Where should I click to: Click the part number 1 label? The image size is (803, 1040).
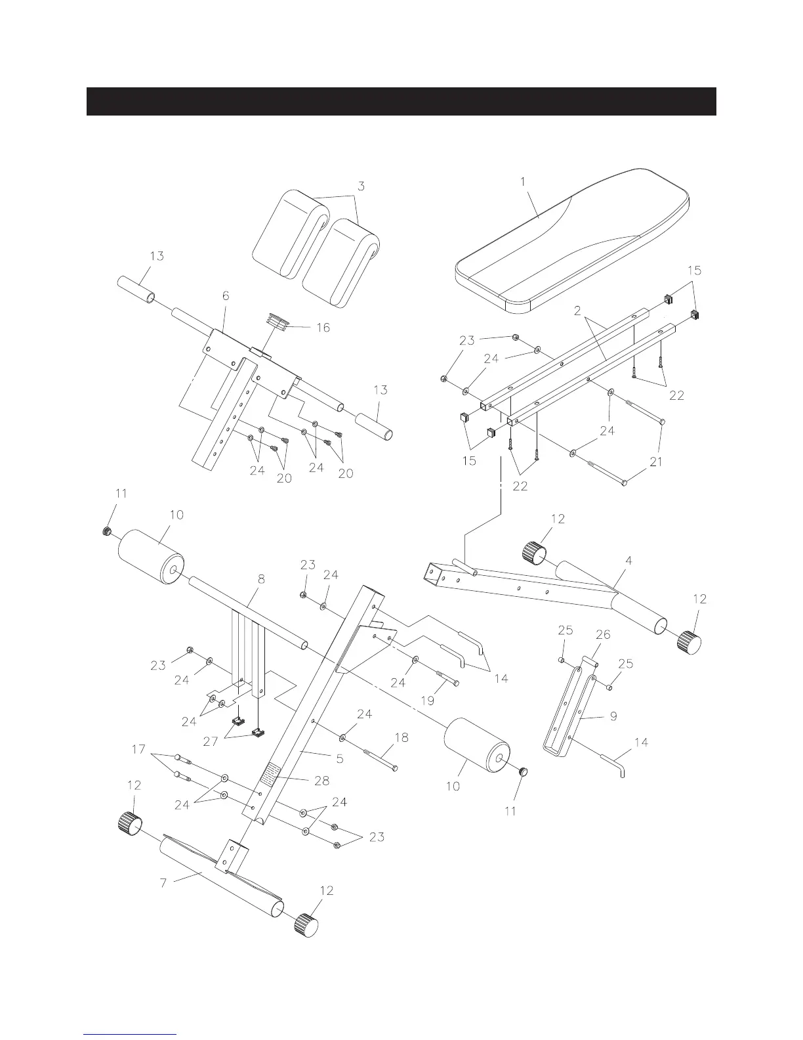tap(523, 182)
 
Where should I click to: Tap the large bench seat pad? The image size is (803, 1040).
tap(571, 243)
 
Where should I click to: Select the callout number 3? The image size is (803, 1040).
tap(360, 186)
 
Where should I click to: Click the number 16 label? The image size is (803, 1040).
tap(323, 328)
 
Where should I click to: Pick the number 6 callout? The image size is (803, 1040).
tap(226, 296)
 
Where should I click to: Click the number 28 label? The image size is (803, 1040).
tap(321, 781)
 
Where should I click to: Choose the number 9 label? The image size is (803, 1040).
tap(613, 716)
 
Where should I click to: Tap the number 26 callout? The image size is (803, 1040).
tap(602, 635)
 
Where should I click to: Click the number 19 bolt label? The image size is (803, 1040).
tap(427, 701)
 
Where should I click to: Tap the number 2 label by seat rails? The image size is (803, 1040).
tap(577, 311)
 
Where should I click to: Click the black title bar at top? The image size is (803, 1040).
tap(401, 101)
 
